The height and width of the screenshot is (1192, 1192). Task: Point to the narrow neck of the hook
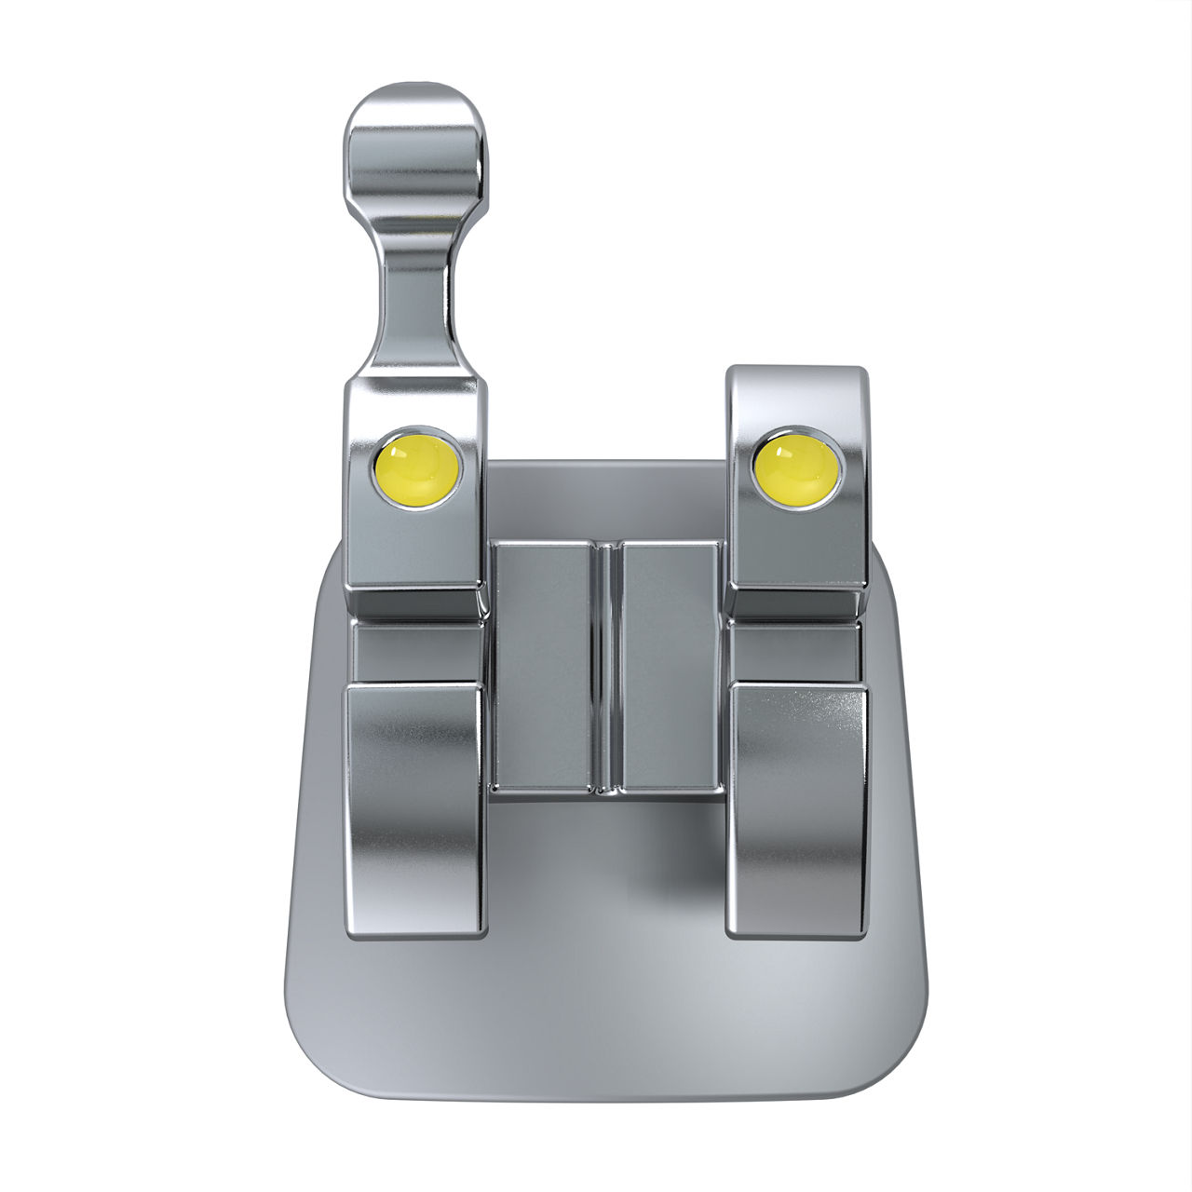(416, 298)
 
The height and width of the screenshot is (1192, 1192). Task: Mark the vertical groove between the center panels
(606, 666)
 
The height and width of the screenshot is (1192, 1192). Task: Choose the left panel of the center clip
(541, 666)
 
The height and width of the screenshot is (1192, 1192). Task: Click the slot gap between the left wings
(415, 652)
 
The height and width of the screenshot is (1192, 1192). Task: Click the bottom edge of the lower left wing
(415, 934)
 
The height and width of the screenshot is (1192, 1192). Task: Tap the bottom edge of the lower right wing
(797, 934)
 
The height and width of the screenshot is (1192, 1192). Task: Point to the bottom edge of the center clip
(606, 792)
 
